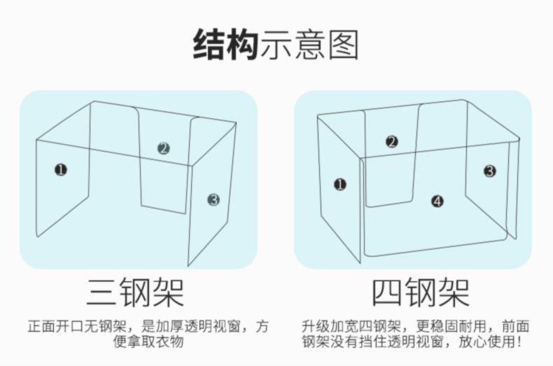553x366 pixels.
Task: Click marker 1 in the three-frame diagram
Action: point(61,170)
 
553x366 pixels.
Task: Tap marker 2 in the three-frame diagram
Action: point(163,148)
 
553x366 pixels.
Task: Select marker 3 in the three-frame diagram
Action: point(213,200)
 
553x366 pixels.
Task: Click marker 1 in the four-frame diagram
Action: point(340,185)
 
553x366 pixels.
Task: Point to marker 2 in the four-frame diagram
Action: point(391,142)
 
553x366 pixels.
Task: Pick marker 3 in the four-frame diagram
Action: point(489,171)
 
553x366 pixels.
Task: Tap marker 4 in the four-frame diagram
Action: point(437,202)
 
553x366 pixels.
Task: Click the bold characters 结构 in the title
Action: point(225,45)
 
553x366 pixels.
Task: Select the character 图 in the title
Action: point(344,45)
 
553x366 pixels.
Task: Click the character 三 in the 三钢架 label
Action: point(101,292)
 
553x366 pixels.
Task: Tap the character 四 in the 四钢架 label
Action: point(387,293)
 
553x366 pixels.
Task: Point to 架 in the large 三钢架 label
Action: point(168,292)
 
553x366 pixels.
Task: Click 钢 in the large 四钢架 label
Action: point(421,293)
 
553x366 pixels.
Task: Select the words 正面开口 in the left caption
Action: point(56,326)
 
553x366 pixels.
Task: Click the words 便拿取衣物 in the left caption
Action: point(148,342)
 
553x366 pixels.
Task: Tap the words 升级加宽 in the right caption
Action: point(330,326)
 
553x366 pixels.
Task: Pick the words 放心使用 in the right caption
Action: point(486,342)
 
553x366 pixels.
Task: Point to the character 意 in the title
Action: point(310,45)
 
